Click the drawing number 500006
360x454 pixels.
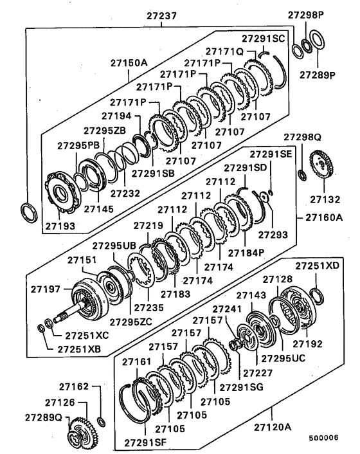[323, 438]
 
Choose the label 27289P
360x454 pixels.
[319, 74]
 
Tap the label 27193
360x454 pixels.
[60, 226]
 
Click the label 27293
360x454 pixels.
[273, 235]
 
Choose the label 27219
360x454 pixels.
[149, 226]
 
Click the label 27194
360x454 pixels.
[129, 117]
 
